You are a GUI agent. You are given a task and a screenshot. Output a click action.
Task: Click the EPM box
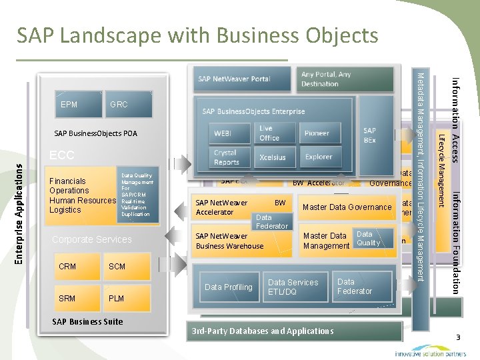pyautogui.click(x=69, y=105)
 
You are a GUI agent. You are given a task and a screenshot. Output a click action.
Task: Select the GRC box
pyautogui.click(x=127, y=105)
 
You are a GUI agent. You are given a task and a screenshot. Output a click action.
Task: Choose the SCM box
pyautogui.click(x=127, y=267)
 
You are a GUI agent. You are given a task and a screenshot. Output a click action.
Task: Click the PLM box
pyautogui.click(x=127, y=298)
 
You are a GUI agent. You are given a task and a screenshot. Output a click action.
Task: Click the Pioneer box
pyautogui.click(x=318, y=133)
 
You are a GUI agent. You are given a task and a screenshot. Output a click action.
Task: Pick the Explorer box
pyautogui.click(x=318, y=157)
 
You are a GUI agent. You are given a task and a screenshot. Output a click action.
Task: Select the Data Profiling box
pyautogui.click(x=228, y=287)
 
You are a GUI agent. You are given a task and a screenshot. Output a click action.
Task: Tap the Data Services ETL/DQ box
pyautogui.click(x=294, y=287)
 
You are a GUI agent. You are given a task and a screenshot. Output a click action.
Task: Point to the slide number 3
pyautogui.click(x=458, y=338)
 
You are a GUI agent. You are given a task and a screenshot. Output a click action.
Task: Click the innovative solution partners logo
pyautogui.click(x=431, y=351)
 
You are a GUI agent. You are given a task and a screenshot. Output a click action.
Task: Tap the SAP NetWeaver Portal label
pyautogui.click(x=234, y=79)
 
